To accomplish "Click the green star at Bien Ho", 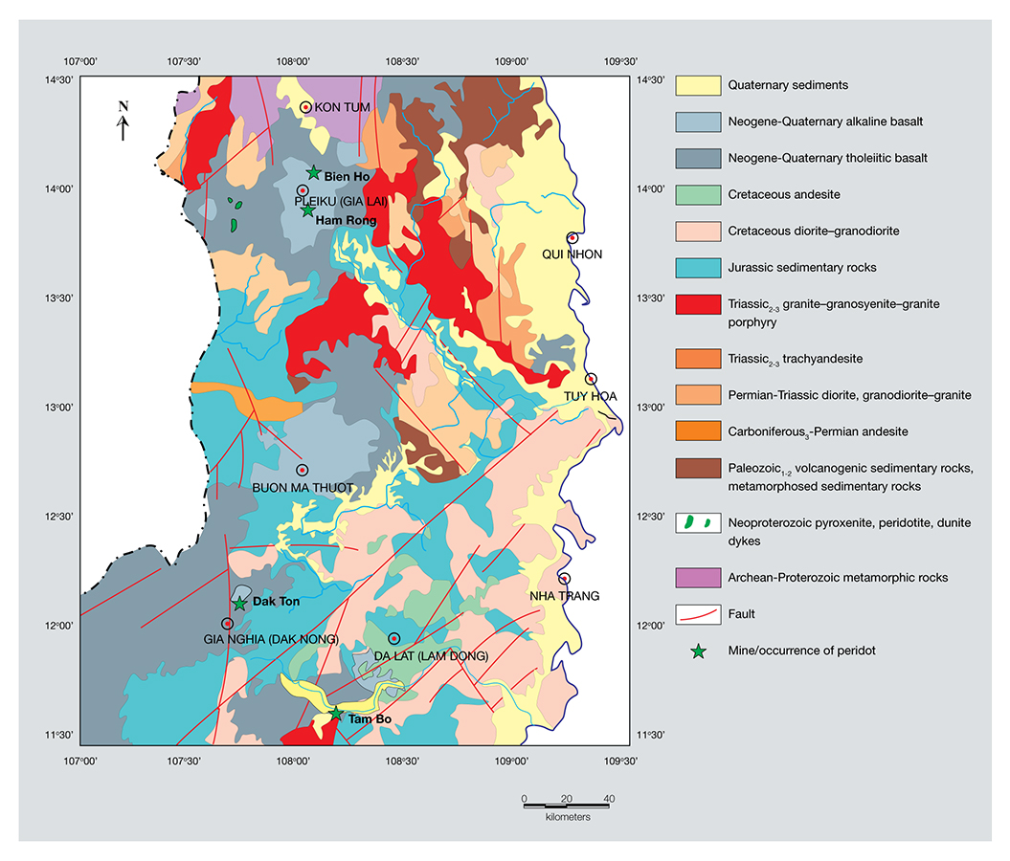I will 313,173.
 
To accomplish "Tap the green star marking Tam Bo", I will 336,713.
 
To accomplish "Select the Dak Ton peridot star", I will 240,604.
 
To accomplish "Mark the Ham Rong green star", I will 307,210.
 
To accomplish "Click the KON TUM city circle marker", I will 305,107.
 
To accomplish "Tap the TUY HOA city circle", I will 591,379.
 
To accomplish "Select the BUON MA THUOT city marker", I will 302,470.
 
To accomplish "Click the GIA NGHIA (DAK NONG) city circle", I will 228,624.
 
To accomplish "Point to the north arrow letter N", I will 123,106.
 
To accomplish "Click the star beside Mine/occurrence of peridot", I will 698,651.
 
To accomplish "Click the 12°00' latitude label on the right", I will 652,626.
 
